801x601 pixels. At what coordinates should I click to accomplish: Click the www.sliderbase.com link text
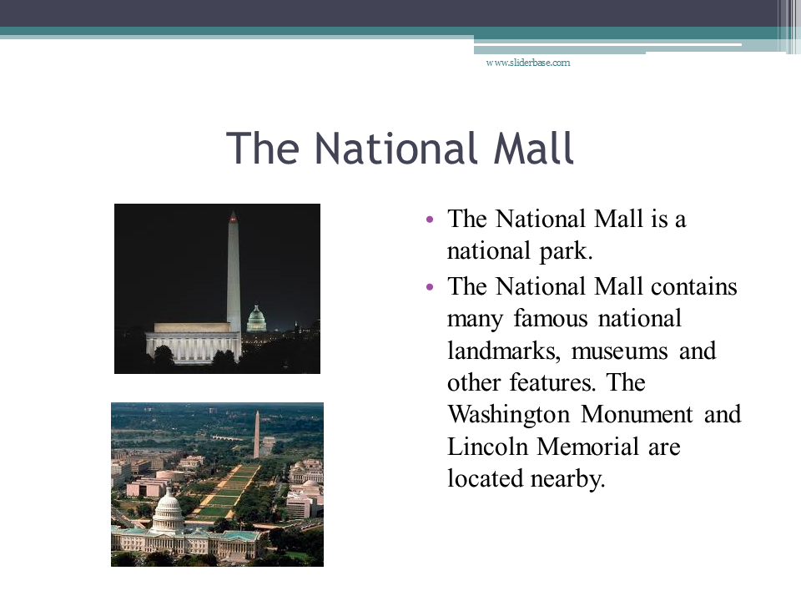pos(527,63)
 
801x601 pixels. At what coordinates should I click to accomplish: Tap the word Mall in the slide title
pos(534,149)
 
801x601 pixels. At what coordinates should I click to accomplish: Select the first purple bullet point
pos(429,220)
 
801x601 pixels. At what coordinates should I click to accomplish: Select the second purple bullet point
pos(429,287)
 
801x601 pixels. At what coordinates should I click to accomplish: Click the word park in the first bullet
pos(566,252)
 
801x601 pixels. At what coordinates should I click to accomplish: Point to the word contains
pos(693,286)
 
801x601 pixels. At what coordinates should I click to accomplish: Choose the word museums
pos(619,351)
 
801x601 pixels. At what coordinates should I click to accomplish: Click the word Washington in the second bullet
pos(508,415)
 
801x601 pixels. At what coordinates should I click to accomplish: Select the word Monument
pos(637,414)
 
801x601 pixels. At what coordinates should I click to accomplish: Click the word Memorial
pos(587,446)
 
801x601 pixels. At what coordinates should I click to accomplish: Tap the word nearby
pos(567,479)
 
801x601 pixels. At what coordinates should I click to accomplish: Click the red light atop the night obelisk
pos(233,219)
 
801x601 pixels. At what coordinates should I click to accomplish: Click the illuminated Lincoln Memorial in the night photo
pos(193,342)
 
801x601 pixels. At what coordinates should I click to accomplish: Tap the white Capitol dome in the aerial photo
pos(168,507)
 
